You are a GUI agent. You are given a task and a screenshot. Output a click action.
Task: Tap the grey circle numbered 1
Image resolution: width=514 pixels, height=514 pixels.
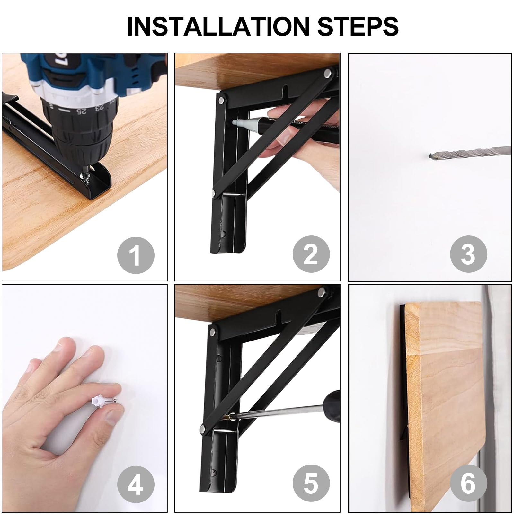click(136, 255)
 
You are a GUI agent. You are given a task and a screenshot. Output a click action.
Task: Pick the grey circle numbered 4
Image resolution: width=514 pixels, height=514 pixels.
click(136, 485)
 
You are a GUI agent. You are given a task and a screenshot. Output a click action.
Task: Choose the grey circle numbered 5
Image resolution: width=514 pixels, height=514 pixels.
click(311, 485)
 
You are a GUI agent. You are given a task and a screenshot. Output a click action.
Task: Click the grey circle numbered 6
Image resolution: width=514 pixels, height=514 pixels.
click(468, 485)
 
